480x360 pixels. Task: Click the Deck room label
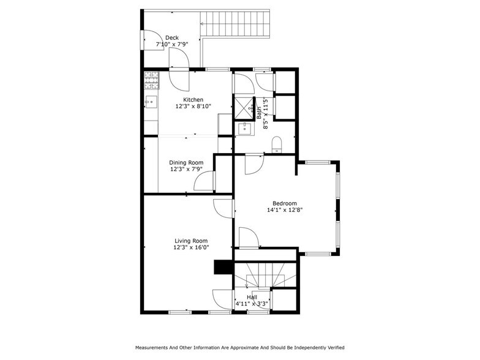(x=172, y=37)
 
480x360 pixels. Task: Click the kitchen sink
(x=151, y=102)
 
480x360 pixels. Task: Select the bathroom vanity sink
(x=246, y=129)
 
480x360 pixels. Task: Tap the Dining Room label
(x=186, y=162)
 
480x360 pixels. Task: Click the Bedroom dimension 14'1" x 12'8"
(x=285, y=210)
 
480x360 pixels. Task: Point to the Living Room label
(x=191, y=241)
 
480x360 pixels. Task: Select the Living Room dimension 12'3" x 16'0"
(x=191, y=247)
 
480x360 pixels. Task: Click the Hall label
(x=252, y=296)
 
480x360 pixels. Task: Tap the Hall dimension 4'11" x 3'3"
(x=252, y=303)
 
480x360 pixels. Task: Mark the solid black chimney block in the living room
(x=221, y=268)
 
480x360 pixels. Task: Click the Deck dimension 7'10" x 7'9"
(x=172, y=44)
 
